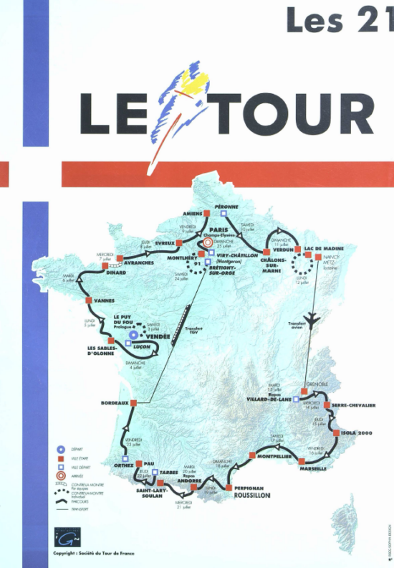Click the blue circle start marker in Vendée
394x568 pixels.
click(133, 335)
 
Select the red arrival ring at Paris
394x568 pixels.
click(208, 243)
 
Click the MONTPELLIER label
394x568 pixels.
click(275, 456)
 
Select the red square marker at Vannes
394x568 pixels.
click(87, 300)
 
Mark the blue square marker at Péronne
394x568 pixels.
click(224, 213)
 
